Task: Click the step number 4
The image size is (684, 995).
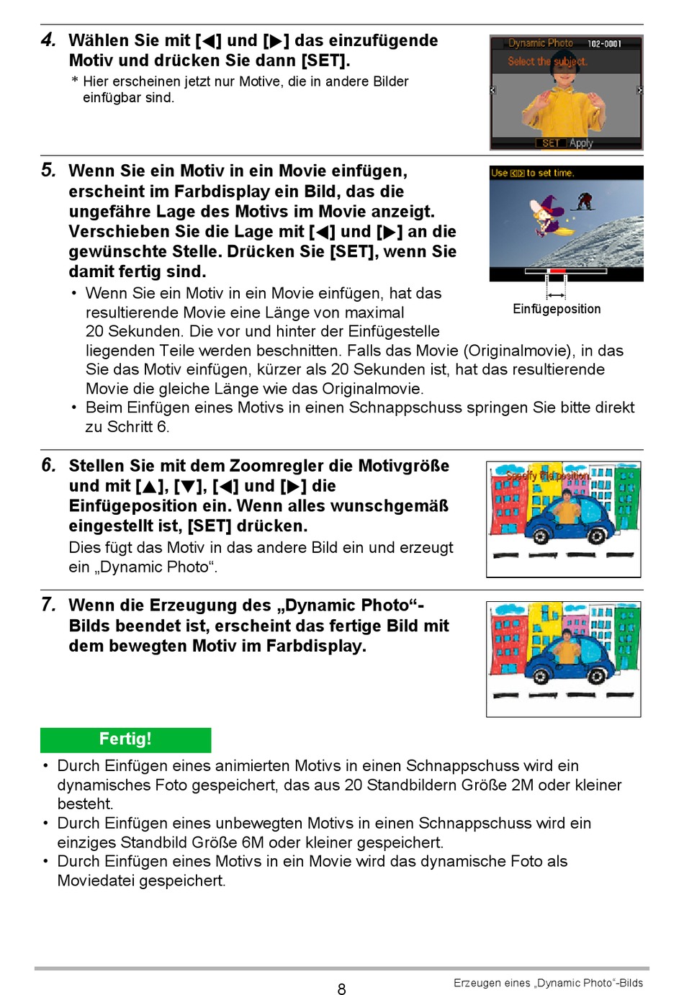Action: point(48,40)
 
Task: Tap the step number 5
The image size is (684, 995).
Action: point(48,171)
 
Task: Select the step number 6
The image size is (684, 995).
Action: point(48,466)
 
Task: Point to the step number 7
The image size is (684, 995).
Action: point(48,605)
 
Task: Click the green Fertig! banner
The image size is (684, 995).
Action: point(126,739)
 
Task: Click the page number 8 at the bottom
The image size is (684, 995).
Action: point(341,989)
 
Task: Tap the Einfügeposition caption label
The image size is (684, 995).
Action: point(557,309)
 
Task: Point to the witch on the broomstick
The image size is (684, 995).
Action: point(549,216)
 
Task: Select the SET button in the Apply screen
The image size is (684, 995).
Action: point(551,143)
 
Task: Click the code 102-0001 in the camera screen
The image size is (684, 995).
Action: point(604,43)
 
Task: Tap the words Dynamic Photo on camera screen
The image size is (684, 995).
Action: point(541,43)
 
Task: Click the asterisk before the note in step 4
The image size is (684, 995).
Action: point(75,81)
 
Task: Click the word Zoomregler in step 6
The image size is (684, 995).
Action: point(276,466)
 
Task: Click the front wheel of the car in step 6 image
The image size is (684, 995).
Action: point(540,536)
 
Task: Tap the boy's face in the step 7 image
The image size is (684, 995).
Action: point(567,635)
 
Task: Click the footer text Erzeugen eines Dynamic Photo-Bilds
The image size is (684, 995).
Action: point(548,983)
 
